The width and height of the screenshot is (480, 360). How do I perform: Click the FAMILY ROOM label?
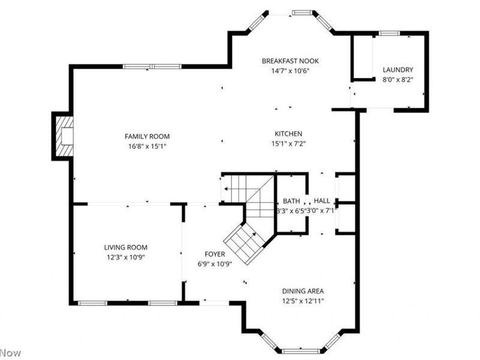tap(147, 136)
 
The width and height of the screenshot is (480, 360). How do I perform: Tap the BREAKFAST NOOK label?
tap(290, 61)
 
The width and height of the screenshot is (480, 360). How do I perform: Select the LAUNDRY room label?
tap(398, 70)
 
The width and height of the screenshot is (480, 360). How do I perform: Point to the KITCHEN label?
tap(289, 134)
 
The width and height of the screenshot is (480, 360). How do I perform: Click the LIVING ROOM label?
tap(125, 247)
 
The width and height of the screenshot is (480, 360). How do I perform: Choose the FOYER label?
tap(215, 254)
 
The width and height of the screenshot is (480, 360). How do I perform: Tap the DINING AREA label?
tap(303, 291)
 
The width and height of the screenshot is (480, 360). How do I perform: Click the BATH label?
tap(292, 201)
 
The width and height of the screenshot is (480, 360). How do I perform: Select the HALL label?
tap(322, 201)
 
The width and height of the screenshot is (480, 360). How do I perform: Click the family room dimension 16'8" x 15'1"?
tap(147, 146)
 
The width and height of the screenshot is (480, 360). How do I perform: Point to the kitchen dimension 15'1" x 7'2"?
tap(289, 143)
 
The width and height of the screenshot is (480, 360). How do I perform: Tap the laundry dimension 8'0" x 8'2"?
tap(398, 80)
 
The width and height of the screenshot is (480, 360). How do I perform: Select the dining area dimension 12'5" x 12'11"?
tap(303, 301)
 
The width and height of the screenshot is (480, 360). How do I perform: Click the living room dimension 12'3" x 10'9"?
tap(125, 257)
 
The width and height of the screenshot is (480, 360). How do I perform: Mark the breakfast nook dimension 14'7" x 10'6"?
tap(290, 71)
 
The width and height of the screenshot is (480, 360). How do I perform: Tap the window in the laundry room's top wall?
tap(389, 33)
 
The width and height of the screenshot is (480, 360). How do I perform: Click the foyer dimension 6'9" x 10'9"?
tap(215, 264)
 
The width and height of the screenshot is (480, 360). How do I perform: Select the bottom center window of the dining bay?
tap(301, 351)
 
